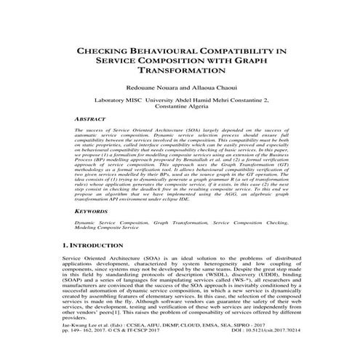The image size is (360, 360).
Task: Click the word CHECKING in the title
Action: coord(109,52)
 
